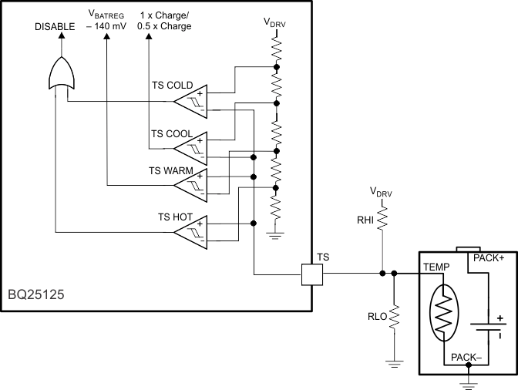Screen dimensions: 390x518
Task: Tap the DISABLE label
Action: (55, 26)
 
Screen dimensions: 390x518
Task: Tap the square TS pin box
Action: (311, 273)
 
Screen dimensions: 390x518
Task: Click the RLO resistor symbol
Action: (394, 317)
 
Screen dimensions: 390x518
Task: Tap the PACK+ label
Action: (486, 258)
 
